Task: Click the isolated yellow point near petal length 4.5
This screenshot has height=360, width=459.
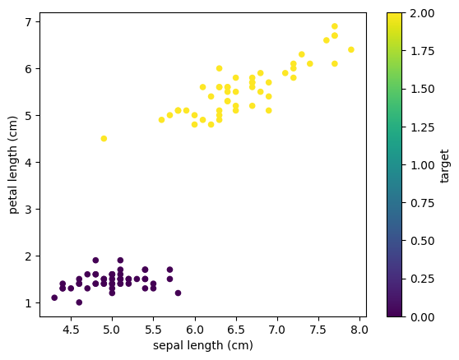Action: point(104,138)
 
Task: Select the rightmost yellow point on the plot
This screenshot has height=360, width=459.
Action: point(351,49)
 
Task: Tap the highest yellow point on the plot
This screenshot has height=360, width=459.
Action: point(335,25)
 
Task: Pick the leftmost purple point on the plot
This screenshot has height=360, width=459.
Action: point(54,298)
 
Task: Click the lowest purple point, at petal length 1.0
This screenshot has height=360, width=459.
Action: point(79,302)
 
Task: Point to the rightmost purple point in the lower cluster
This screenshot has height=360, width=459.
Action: point(178,293)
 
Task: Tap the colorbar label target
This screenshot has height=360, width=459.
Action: point(445,164)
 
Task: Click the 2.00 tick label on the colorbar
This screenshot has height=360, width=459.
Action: point(419,12)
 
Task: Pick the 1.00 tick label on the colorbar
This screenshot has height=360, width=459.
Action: point(419,164)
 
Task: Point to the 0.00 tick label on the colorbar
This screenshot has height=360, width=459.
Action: point(419,316)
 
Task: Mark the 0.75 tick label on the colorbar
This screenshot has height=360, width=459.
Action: point(419,202)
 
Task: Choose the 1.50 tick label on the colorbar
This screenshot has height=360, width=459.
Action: point(419,89)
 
